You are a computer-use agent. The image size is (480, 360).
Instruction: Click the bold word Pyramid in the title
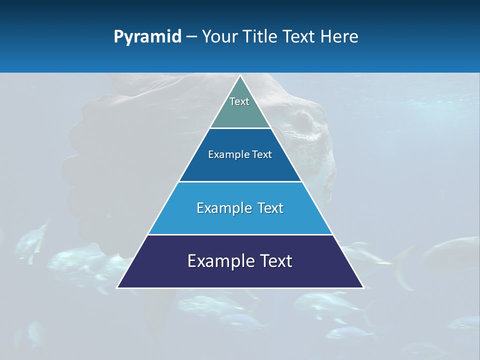[147, 37]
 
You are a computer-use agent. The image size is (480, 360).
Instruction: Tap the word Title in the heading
[260, 37]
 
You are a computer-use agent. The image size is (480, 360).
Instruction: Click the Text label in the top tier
[239, 101]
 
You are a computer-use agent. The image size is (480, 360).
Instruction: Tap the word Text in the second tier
[262, 155]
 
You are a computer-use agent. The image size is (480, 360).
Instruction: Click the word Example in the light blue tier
[222, 208]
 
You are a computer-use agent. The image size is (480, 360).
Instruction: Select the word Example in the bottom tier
[218, 261]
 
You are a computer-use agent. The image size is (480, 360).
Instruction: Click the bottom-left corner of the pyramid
[117, 287]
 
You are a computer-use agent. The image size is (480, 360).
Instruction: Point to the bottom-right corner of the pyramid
[363, 287]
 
